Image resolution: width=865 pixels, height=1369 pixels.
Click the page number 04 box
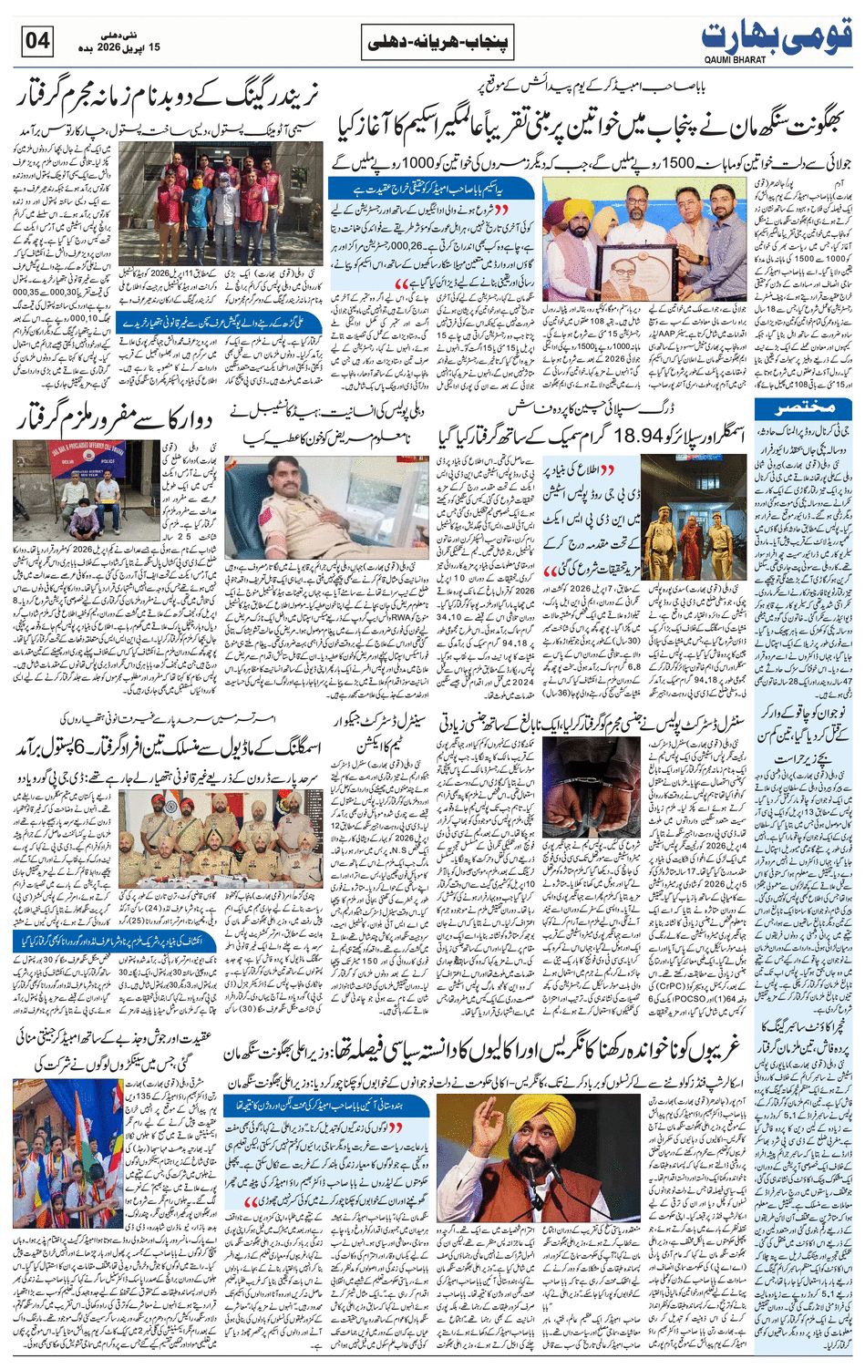click(36, 42)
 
